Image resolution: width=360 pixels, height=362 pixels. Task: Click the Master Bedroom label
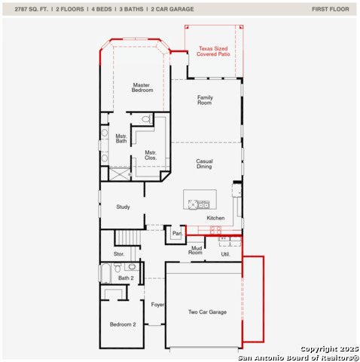click(x=142, y=87)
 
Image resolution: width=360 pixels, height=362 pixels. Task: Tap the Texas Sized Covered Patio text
click(x=214, y=51)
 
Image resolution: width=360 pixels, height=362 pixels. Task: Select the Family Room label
click(x=205, y=100)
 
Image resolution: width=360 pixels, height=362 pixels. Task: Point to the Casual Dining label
click(x=204, y=164)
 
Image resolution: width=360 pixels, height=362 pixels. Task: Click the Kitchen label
click(x=215, y=218)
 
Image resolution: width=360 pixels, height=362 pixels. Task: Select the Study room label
click(x=124, y=207)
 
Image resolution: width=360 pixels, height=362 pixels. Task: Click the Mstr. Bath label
click(x=121, y=140)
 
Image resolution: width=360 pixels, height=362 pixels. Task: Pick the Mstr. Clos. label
click(x=151, y=155)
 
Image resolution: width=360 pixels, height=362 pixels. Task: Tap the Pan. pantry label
click(x=177, y=234)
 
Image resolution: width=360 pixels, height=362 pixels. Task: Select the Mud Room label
click(x=195, y=250)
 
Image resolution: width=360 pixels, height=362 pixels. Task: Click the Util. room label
click(x=225, y=254)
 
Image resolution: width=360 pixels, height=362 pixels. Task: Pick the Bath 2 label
click(x=126, y=278)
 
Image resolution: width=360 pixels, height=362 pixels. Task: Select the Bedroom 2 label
click(x=123, y=324)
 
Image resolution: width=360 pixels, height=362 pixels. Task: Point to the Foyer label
click(x=157, y=305)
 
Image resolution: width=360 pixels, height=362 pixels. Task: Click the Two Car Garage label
click(x=206, y=311)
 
